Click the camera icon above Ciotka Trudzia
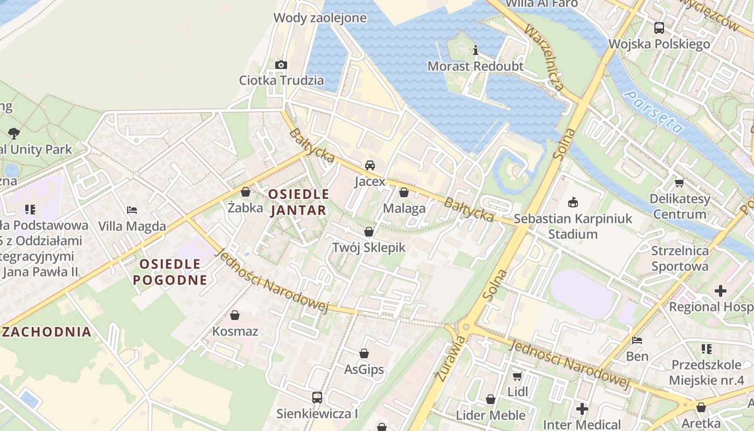(x=281, y=65)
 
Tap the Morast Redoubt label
(x=475, y=66)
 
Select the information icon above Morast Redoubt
(x=475, y=51)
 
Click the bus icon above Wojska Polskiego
(x=659, y=28)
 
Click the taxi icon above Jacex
(x=370, y=165)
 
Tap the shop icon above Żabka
(x=246, y=192)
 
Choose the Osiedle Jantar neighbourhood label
(x=298, y=202)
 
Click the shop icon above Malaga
(x=404, y=192)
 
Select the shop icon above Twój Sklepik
(x=369, y=232)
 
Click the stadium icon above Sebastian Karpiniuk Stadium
(x=573, y=203)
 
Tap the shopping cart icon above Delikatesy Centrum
(x=679, y=183)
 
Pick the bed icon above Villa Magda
(x=132, y=210)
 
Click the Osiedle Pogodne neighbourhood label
(x=170, y=272)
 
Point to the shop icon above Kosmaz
(x=235, y=315)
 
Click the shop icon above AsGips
(x=364, y=353)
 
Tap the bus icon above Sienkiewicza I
(x=317, y=398)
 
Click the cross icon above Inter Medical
(x=582, y=409)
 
